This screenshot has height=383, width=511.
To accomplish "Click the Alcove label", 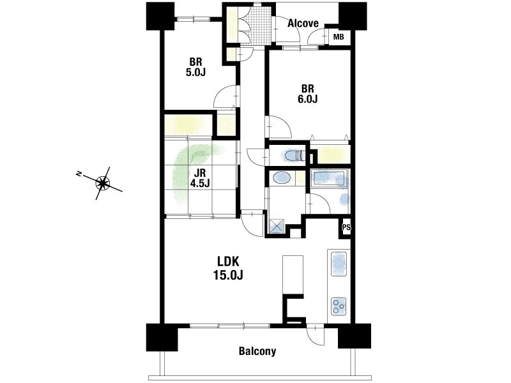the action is [x=303, y=23].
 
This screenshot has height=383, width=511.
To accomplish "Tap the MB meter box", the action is [x=339, y=37].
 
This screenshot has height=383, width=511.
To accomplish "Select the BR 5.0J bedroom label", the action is [x=195, y=67].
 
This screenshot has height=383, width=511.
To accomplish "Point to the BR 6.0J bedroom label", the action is [x=307, y=94].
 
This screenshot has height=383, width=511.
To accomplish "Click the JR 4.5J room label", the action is [x=200, y=178].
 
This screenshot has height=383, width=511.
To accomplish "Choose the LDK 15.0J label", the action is [x=228, y=268].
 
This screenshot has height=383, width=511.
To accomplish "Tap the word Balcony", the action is [x=257, y=351].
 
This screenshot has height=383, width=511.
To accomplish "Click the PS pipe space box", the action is [x=346, y=228].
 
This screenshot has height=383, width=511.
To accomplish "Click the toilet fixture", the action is [x=294, y=155].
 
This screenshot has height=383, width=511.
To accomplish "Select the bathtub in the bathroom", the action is [x=329, y=179].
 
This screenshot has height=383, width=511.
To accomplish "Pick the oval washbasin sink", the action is [x=282, y=178].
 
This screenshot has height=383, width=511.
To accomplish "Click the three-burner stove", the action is [x=339, y=306].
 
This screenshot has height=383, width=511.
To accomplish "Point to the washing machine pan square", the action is [x=277, y=226].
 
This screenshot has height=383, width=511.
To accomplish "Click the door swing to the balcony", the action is [x=316, y=334].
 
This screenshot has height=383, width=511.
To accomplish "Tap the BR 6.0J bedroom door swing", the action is [x=278, y=126].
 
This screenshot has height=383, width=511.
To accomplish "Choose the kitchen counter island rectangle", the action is [x=293, y=275].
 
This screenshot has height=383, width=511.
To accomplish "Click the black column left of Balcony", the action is [x=162, y=337].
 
